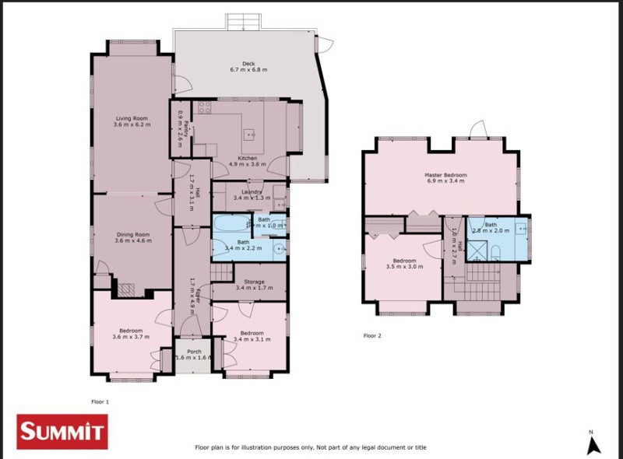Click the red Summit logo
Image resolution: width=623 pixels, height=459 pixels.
[x=62, y=432]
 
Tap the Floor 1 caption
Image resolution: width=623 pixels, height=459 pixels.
[x=100, y=401]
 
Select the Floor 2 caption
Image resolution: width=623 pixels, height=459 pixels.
[x=373, y=336]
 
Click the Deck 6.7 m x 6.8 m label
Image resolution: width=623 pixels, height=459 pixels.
[x=248, y=67]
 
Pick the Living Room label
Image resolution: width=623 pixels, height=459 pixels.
[x=131, y=121]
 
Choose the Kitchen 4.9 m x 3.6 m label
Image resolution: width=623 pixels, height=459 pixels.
[x=247, y=160]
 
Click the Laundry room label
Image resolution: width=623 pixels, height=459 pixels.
[x=251, y=194]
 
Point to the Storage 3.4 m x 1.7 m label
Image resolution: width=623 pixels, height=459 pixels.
[x=249, y=285]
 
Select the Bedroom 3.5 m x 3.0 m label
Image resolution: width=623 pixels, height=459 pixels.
[x=404, y=263]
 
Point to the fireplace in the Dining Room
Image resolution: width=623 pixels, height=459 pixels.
[x=125, y=289]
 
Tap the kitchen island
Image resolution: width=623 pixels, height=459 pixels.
[x=251, y=134]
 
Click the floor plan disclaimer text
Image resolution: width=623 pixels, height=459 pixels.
[x=310, y=447]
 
